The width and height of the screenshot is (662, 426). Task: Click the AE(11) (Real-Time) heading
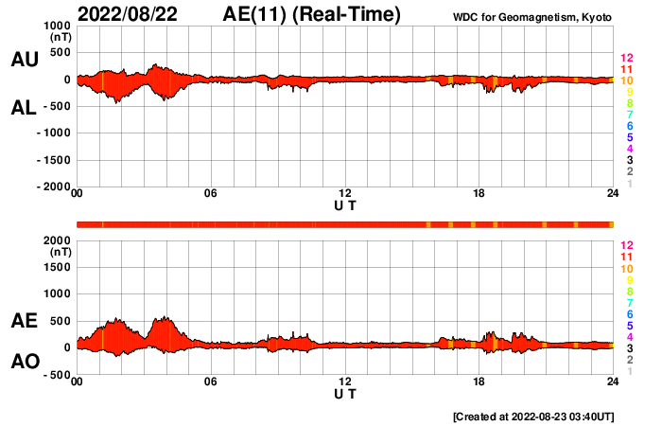312,14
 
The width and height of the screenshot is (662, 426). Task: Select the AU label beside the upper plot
24,60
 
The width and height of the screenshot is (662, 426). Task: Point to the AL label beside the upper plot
24,108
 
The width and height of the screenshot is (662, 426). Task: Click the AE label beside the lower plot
24,321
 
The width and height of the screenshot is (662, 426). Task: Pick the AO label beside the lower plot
24,362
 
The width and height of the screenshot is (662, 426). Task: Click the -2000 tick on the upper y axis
54,187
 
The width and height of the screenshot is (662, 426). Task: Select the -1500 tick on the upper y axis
54,160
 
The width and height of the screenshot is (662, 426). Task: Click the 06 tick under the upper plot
211,194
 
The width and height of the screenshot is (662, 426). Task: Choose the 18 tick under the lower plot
479,382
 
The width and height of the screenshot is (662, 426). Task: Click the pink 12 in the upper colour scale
625,58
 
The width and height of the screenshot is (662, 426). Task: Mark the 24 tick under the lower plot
612,382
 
